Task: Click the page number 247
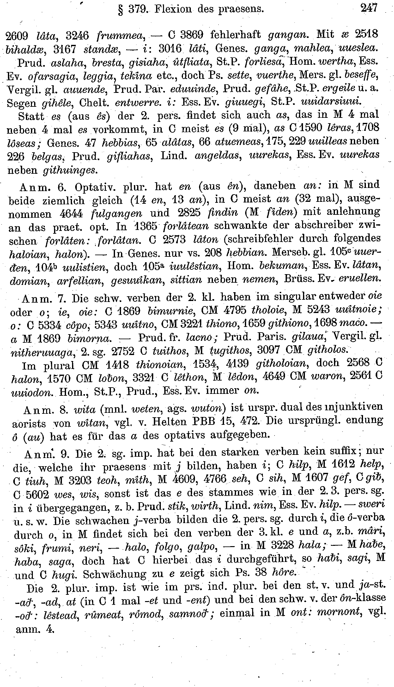pyautogui.click(x=369, y=8)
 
